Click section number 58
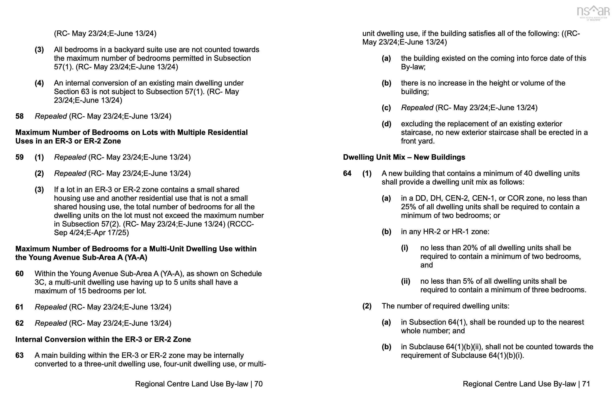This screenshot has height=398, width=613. [x=20, y=116]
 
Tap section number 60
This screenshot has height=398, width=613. [x=20, y=274]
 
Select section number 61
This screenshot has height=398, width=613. [x=20, y=307]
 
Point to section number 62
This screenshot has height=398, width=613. [x=20, y=323]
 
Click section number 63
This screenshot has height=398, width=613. [x=20, y=356]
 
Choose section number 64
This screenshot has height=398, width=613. [x=347, y=174]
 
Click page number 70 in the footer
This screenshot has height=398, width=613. [x=258, y=384]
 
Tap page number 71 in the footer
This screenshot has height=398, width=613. [x=586, y=384]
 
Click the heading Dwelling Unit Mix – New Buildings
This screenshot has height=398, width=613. [x=404, y=157]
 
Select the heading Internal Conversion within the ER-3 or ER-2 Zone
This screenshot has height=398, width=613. [x=103, y=340]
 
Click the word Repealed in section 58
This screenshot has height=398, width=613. [x=51, y=116]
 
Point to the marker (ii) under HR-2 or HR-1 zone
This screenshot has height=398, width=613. [x=405, y=281]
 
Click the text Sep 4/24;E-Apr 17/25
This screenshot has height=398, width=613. [x=91, y=233]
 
